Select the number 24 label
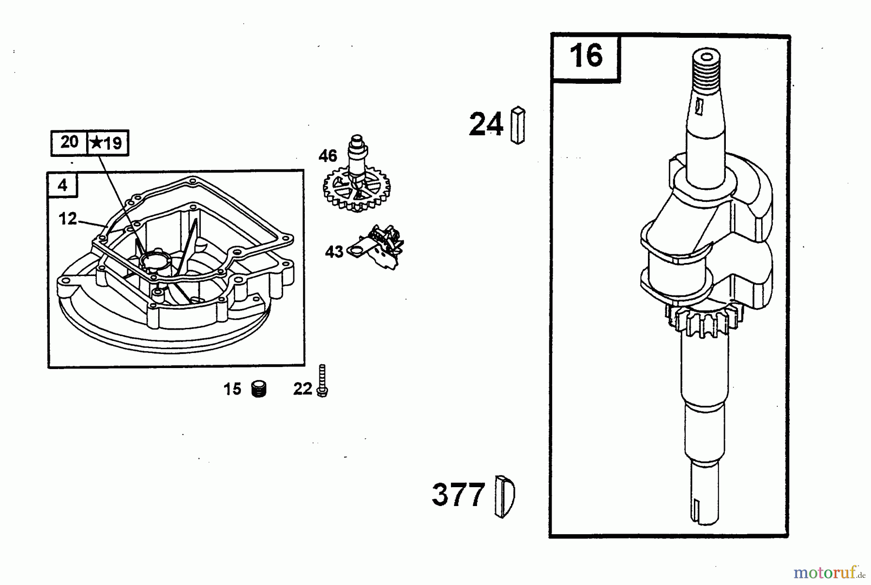click(x=486, y=124)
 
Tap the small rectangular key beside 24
click(x=518, y=125)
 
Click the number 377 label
click(x=458, y=495)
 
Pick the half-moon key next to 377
click(x=505, y=496)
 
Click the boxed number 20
click(x=69, y=142)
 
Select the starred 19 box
click(x=107, y=143)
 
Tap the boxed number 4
click(x=62, y=185)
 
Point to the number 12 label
click(x=68, y=219)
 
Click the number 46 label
click(x=328, y=156)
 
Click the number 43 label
click(x=334, y=252)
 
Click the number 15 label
click(x=232, y=389)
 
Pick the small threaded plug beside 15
click(x=259, y=389)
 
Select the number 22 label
click(x=302, y=389)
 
